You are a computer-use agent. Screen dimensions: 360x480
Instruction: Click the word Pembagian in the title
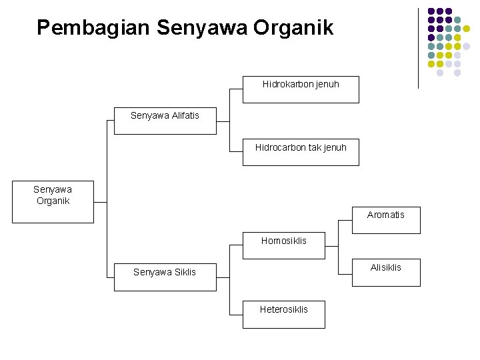click(x=93, y=28)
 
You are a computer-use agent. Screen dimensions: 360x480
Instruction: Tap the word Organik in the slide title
click(x=294, y=28)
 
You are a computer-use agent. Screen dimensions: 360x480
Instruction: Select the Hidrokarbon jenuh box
click(x=301, y=89)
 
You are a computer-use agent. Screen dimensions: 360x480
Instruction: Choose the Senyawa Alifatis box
click(x=165, y=121)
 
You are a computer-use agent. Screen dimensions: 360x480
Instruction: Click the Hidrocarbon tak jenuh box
click(x=301, y=152)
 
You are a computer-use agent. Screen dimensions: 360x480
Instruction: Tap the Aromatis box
click(x=386, y=220)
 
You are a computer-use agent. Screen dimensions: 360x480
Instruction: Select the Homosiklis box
click(x=284, y=245)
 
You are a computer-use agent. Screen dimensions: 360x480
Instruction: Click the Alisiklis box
click(x=386, y=272)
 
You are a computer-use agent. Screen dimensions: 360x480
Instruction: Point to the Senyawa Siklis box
click(x=165, y=277)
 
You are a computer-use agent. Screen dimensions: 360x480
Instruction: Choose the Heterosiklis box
click(x=284, y=314)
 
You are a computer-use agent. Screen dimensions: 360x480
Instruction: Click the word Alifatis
click(x=184, y=115)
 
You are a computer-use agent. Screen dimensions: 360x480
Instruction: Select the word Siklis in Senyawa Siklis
click(x=185, y=272)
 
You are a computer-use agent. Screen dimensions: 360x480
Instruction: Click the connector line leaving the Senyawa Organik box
click(x=100, y=201)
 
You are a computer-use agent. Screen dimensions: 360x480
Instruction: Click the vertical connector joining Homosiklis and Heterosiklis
click(x=229, y=277)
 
